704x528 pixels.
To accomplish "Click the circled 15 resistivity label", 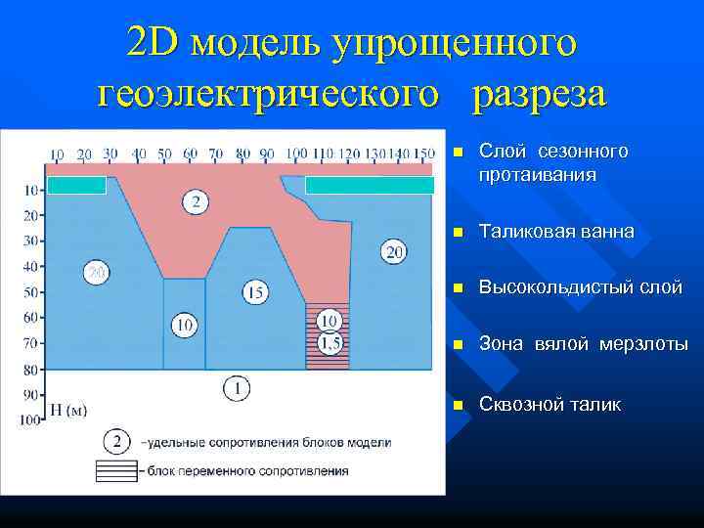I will (255, 291).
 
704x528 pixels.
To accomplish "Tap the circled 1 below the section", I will (236, 388).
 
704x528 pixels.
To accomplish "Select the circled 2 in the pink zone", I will (196, 202).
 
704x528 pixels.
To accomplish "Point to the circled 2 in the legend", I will (117, 442).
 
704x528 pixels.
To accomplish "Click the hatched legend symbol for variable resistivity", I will (117, 470).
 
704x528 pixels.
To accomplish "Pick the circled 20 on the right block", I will (394, 253).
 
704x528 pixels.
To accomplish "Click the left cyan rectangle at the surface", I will (77, 185).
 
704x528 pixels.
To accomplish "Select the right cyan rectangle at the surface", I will (370, 185).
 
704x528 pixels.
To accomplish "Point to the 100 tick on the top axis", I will (296, 154).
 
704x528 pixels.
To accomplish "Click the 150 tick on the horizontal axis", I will (423, 154).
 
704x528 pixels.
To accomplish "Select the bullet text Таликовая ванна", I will (556, 233).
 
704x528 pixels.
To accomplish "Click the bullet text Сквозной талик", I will (550, 405).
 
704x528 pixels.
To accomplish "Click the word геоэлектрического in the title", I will (277, 94).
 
